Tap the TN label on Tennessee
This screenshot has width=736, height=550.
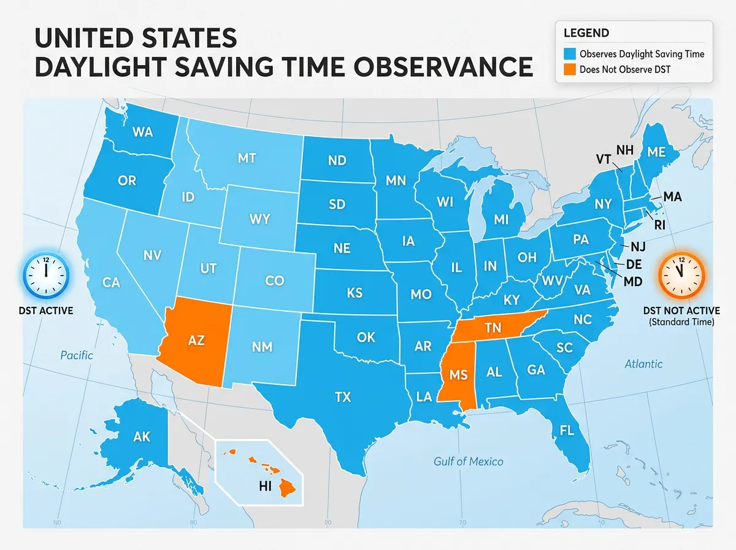click(493, 328)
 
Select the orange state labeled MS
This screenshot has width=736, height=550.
click(458, 375)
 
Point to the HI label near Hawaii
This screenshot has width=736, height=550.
click(266, 486)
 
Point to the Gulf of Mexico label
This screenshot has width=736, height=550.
click(468, 461)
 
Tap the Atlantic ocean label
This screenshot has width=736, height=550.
click(643, 364)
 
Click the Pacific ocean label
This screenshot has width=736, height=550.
click(77, 355)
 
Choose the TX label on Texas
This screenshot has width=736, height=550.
click(343, 397)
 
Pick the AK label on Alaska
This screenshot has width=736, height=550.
click(141, 438)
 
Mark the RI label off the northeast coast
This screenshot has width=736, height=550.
click(659, 225)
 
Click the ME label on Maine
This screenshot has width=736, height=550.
click(656, 153)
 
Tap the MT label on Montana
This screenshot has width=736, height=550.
click(246, 158)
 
